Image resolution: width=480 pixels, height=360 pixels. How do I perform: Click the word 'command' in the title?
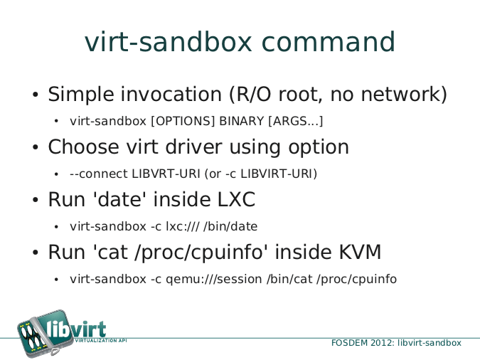click(329, 42)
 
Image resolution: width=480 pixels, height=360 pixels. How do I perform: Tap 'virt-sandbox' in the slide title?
click(169, 42)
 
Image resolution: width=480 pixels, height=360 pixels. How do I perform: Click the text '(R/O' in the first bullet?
click(250, 94)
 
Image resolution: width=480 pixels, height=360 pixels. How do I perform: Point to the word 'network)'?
click(404, 94)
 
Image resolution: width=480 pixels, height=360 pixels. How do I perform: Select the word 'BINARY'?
click(242, 121)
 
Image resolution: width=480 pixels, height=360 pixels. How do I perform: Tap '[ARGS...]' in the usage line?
click(296, 121)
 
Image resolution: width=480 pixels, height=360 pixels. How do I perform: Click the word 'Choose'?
click(83, 147)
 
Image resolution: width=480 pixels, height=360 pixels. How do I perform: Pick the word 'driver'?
click(193, 147)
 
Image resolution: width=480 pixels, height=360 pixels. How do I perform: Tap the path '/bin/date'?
click(230, 226)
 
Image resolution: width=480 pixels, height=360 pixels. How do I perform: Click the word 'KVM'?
click(360, 252)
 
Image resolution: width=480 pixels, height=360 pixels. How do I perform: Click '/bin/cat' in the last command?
click(289, 279)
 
